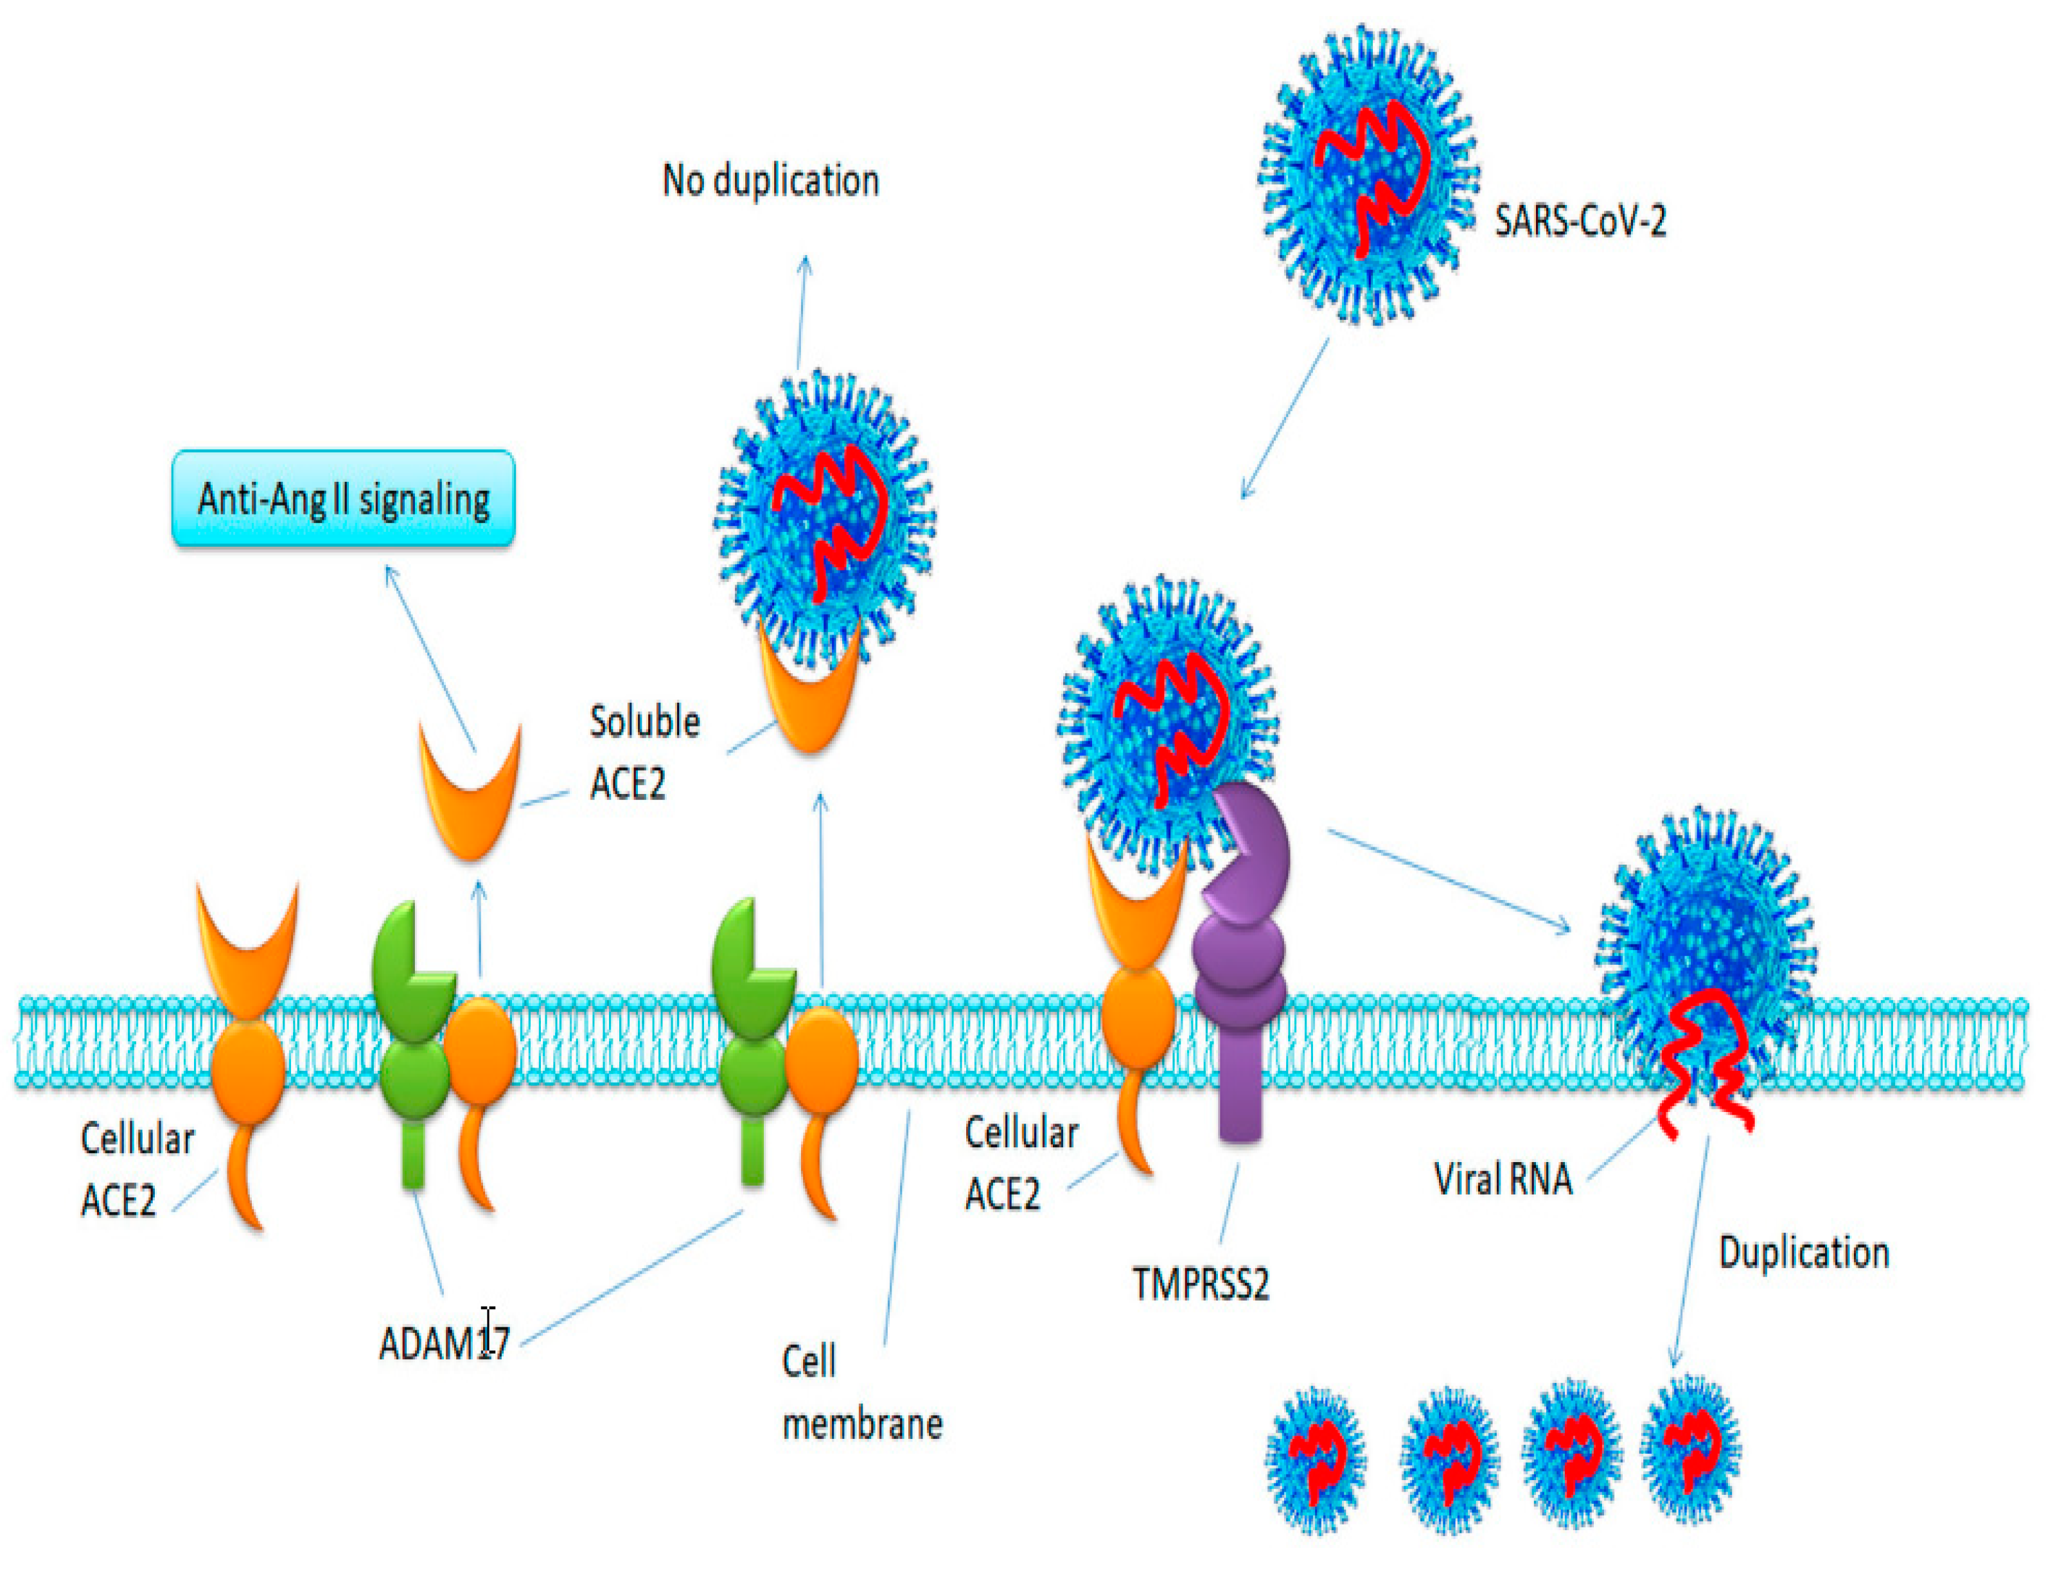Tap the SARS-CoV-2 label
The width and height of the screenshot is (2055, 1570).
pos(1580,222)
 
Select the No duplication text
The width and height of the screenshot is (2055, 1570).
pos(770,181)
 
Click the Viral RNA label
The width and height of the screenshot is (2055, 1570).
pos(1503,1179)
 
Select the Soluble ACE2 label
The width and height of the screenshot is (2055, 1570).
pos(644,752)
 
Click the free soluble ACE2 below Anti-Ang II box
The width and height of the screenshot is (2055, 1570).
pos(470,795)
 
